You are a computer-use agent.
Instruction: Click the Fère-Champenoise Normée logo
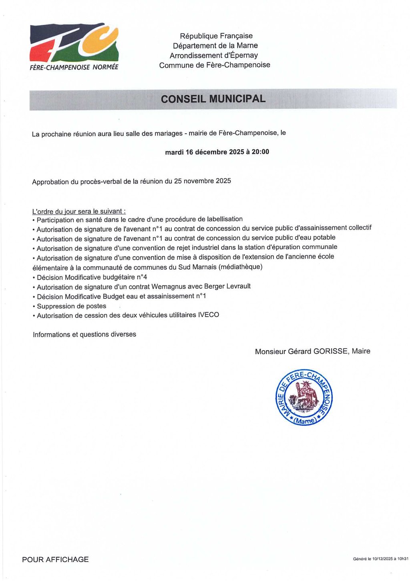click(x=74, y=46)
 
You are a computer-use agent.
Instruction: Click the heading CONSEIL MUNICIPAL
click(x=213, y=99)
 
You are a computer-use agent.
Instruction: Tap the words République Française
click(x=216, y=36)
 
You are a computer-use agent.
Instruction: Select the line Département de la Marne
click(x=215, y=46)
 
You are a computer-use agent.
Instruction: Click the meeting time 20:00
click(x=260, y=152)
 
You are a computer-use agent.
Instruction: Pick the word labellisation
click(x=223, y=219)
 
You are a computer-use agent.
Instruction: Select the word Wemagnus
click(x=168, y=286)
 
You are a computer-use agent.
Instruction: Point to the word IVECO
click(x=208, y=315)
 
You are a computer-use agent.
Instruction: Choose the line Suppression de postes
click(x=71, y=306)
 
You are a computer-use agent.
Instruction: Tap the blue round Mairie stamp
click(x=304, y=397)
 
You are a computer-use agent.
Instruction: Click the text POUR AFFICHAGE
click(x=55, y=559)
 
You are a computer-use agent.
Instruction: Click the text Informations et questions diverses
click(x=84, y=335)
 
